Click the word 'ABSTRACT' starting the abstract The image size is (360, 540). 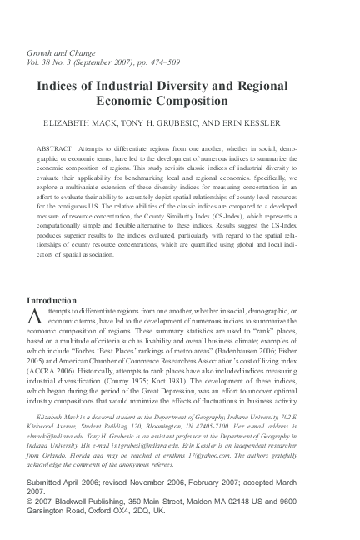pos(54,148)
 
